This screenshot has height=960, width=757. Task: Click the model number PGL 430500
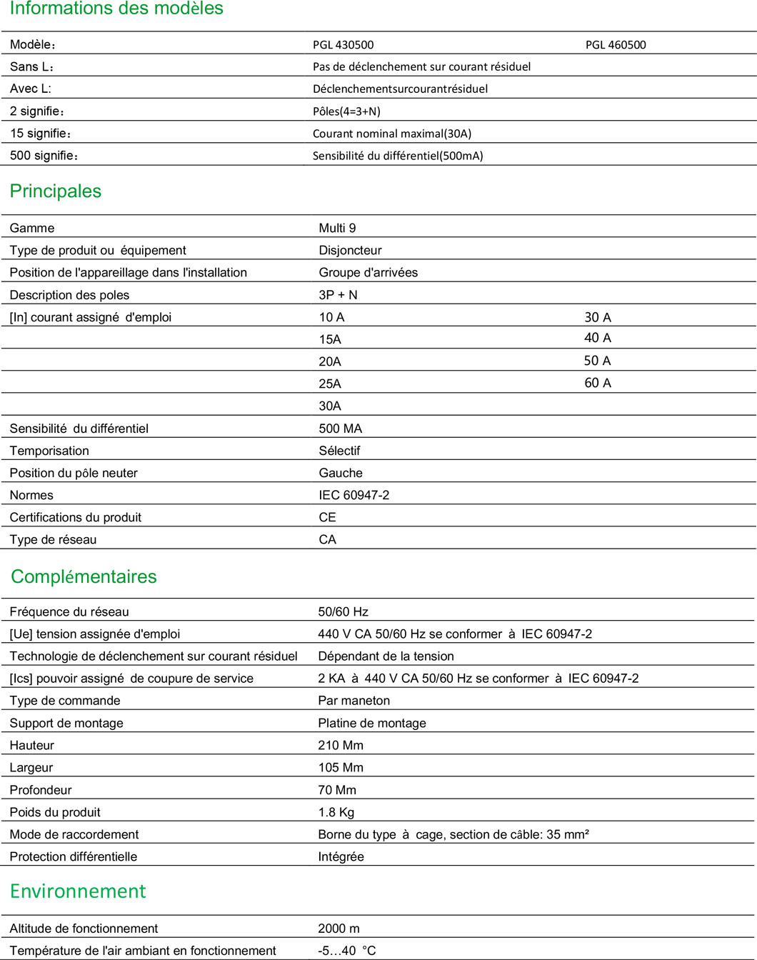click(x=343, y=44)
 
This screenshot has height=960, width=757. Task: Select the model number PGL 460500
click(x=616, y=44)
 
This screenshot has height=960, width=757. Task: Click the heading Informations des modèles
click(x=116, y=9)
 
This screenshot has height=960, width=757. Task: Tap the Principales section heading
click(x=56, y=191)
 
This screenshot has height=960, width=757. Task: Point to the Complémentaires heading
click(x=84, y=576)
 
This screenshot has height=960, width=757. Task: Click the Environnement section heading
click(x=78, y=891)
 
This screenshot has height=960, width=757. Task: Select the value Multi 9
click(x=337, y=228)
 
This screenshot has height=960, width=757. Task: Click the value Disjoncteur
click(x=350, y=250)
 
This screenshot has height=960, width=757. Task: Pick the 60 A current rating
click(x=598, y=383)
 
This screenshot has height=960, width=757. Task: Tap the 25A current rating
click(x=330, y=384)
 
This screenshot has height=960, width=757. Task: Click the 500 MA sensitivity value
click(x=340, y=429)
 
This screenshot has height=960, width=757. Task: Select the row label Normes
click(x=31, y=495)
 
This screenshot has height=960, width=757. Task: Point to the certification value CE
click(x=327, y=517)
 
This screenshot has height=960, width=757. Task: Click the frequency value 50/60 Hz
click(x=343, y=611)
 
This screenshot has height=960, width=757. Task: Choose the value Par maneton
click(x=354, y=701)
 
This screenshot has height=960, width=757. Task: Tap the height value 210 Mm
click(x=341, y=745)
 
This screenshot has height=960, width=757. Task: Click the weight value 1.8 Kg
click(x=336, y=812)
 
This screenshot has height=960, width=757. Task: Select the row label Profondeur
click(x=41, y=790)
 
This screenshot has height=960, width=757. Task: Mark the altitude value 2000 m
click(x=339, y=929)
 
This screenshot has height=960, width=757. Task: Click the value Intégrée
click(x=341, y=856)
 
